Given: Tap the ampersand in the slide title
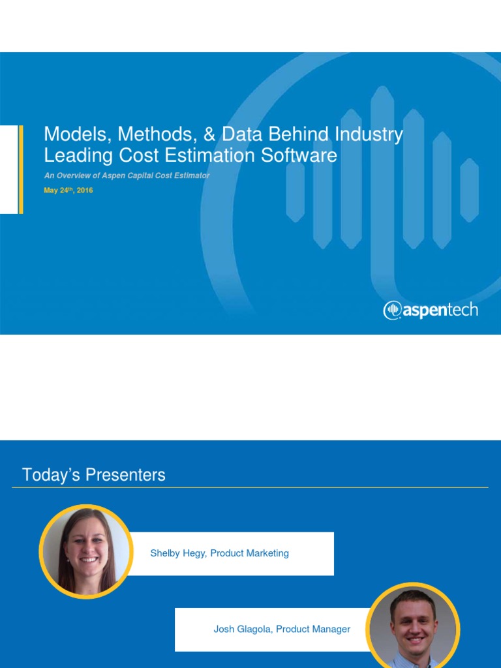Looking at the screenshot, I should click(x=209, y=134).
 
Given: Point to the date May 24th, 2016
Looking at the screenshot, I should click(x=68, y=190).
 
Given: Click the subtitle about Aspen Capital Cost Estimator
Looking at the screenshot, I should click(x=127, y=176).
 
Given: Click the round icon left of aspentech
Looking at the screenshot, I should click(x=392, y=311).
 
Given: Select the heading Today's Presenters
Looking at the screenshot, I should click(x=94, y=475).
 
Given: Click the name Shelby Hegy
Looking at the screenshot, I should click(x=178, y=553).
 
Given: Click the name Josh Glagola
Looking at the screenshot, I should click(x=241, y=630).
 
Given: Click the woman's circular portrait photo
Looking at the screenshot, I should click(x=85, y=551).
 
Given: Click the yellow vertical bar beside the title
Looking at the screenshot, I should click(x=21, y=170).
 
